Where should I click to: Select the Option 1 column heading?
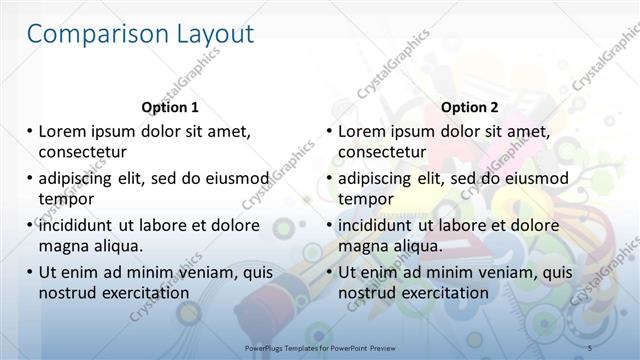click(170, 107)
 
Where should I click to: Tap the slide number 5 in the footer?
click(590, 345)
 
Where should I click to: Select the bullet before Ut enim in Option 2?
click(329, 272)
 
